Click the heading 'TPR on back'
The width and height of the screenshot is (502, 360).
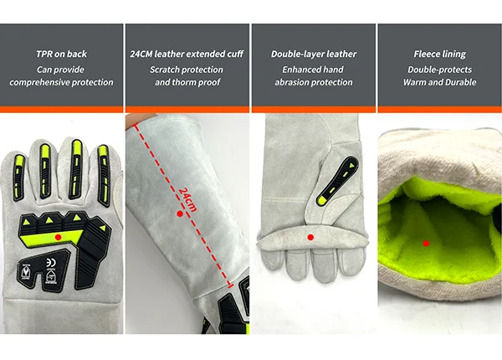(x=61, y=54)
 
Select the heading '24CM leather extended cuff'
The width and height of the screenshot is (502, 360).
(x=187, y=54)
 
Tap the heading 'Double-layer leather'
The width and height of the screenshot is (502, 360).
(x=314, y=54)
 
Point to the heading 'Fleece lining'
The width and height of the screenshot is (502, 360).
(x=439, y=54)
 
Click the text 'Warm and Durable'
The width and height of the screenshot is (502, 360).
(x=439, y=82)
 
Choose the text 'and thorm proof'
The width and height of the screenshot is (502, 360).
(x=187, y=82)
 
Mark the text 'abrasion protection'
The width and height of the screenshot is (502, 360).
(x=314, y=82)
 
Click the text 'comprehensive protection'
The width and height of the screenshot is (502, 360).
(x=61, y=82)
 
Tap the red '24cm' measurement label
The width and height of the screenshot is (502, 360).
(x=187, y=200)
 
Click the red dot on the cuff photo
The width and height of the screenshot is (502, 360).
(x=180, y=213)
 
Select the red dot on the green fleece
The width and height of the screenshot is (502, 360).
(x=426, y=244)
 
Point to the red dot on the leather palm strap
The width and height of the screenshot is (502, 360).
(x=310, y=237)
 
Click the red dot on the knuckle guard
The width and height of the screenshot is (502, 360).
(x=58, y=237)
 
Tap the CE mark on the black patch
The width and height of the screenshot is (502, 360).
(x=51, y=262)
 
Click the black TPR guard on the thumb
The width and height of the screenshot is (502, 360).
(x=337, y=181)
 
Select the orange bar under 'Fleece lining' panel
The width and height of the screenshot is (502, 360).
(x=439, y=110)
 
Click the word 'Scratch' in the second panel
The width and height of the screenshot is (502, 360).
(x=165, y=69)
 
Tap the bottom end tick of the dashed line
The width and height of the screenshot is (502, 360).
(x=230, y=285)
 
